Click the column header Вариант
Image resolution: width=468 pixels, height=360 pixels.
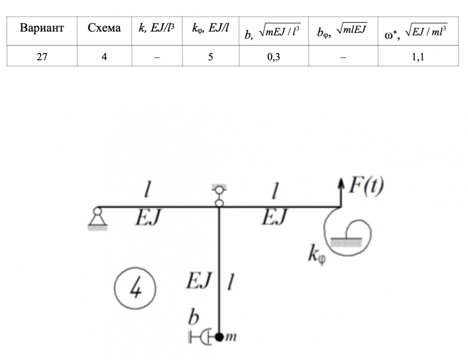tap(42, 28)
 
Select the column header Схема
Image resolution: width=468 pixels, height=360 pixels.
tap(104, 28)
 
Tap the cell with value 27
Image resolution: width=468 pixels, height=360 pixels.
tap(42, 57)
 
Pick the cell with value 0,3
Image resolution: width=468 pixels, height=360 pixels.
tap(274, 57)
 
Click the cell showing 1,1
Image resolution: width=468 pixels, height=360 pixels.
tap(418, 57)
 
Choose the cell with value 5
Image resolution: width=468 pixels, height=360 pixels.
tap(211, 57)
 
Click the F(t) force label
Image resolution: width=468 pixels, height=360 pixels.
tap(366, 186)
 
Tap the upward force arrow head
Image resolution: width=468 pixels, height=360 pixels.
tap(341, 182)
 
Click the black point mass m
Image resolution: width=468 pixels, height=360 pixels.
tap(219, 337)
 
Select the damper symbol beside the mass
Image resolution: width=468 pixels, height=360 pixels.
tap(200, 337)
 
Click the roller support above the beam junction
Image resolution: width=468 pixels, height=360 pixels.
tap(219, 195)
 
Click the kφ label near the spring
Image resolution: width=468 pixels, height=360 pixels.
tap(317, 255)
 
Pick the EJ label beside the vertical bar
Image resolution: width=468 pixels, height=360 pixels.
tap(199, 281)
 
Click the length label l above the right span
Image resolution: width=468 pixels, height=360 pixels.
tap(275, 191)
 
